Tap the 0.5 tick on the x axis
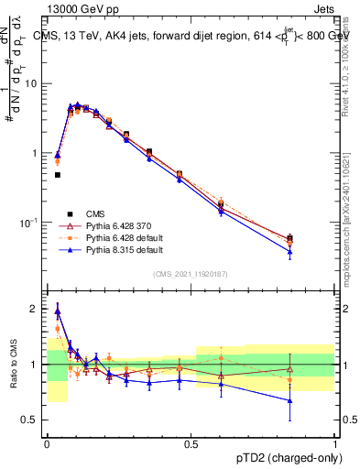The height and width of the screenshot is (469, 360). (191, 442)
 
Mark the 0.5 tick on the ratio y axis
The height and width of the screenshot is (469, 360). (32, 420)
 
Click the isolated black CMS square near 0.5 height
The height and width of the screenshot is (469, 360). (57, 174)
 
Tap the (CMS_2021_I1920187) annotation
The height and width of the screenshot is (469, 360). (191, 274)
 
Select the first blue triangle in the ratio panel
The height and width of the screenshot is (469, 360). (57, 311)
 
